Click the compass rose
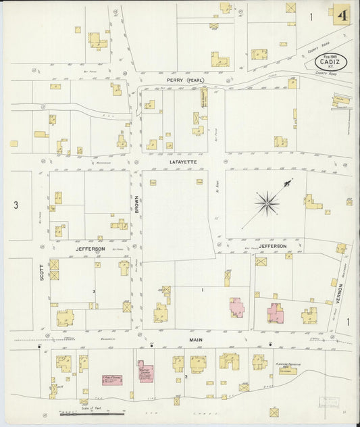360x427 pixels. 268,201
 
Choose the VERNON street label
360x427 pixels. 340,293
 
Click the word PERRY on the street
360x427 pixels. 176,80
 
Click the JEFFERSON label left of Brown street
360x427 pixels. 90,249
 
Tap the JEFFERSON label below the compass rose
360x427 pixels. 273,246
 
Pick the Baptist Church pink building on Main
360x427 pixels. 145,371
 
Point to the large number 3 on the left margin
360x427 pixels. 16,204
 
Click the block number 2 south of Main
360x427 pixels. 185,376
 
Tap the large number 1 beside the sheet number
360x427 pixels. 311,17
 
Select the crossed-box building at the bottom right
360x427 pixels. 274,411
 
